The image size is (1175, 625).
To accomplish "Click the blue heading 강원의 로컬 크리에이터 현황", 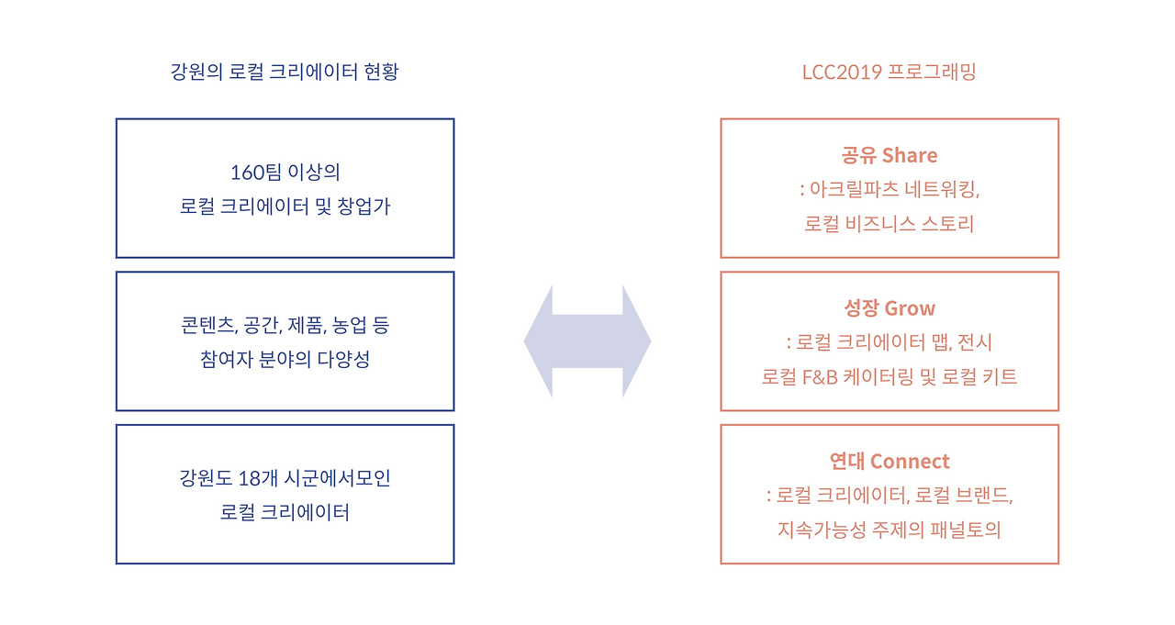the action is [285, 72].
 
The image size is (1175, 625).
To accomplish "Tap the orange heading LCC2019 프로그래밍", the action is [890, 72].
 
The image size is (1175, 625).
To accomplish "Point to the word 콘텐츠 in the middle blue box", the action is [208, 325].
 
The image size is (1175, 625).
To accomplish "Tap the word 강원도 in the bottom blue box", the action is [205, 478].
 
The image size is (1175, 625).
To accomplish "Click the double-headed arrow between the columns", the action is [587, 341].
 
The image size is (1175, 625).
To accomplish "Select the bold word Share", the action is [910, 155].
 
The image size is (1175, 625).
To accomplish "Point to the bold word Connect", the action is [910, 462].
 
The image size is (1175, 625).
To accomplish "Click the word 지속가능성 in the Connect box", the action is [821, 530].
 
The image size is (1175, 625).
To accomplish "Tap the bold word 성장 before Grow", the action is [860, 308].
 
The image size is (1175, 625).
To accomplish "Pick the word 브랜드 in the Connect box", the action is [984, 496].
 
